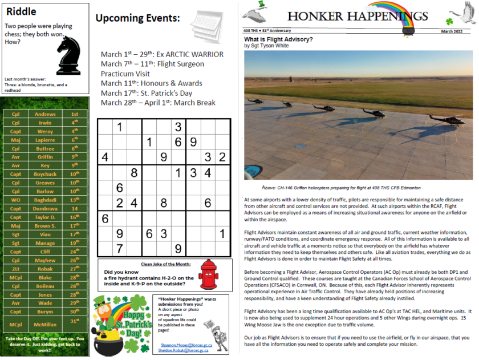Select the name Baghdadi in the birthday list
click(x=45, y=200)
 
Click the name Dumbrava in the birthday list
click(x=45, y=209)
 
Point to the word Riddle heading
click(x=21, y=11)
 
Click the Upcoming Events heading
click(x=137, y=18)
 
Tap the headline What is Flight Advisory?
click(x=278, y=39)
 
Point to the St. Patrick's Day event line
click(x=147, y=93)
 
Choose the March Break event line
click(x=158, y=103)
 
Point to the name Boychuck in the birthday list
click(x=45, y=174)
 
